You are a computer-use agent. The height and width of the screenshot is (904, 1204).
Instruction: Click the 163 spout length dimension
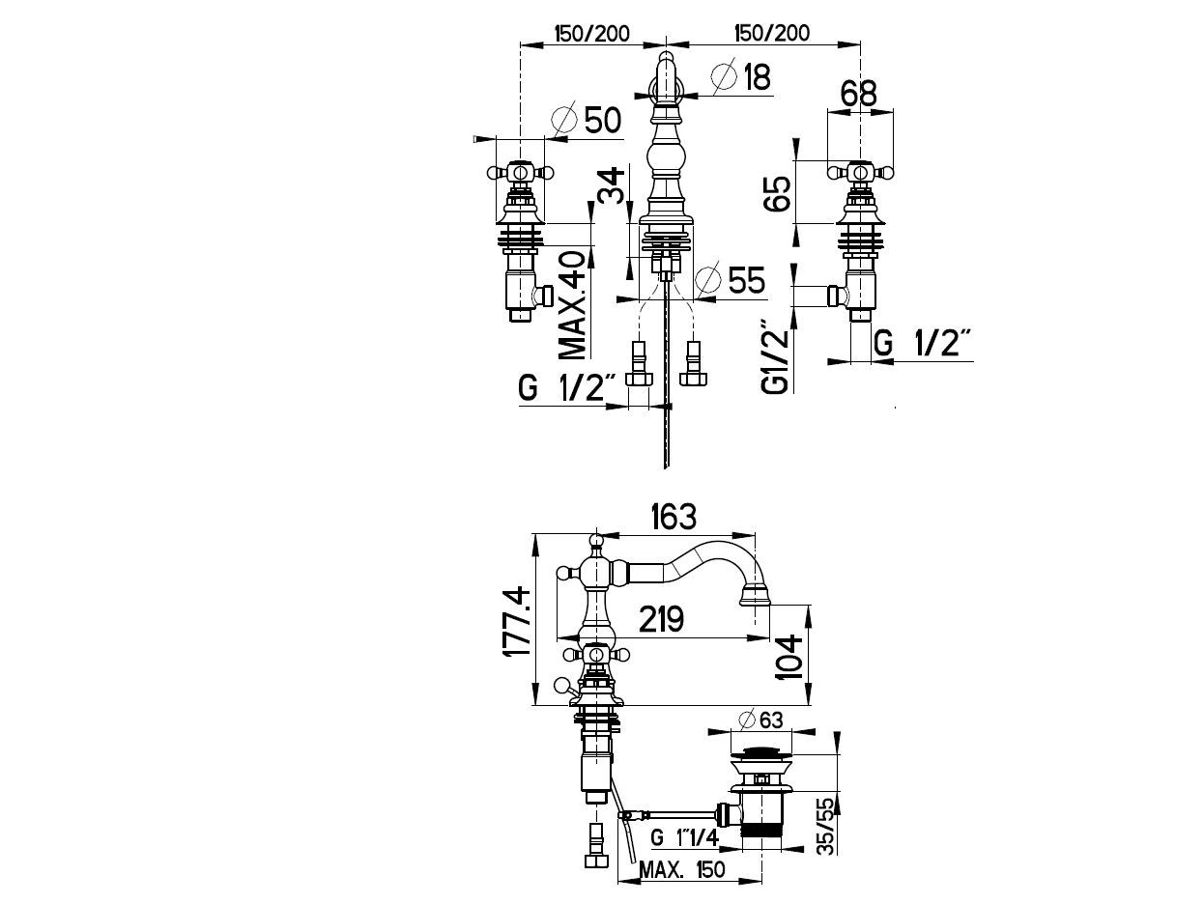click(x=674, y=516)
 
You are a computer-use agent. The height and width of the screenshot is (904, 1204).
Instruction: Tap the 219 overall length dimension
click(x=662, y=619)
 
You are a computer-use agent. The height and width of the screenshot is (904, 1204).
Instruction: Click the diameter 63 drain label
click(x=760, y=720)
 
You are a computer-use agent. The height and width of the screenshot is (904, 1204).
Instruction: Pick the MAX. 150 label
click(x=682, y=869)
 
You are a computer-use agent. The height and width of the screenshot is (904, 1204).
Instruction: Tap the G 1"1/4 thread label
click(x=684, y=837)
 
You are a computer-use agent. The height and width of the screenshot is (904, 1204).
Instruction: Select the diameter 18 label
click(x=741, y=76)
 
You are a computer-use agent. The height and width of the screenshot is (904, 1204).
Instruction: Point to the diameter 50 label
click(x=587, y=119)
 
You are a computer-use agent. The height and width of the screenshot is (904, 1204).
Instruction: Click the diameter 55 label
click(x=730, y=279)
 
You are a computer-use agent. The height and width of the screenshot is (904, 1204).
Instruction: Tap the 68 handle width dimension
click(x=859, y=94)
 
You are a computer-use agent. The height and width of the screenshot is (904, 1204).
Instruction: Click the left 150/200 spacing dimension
click(x=591, y=34)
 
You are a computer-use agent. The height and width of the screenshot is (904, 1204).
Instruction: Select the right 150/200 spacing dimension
click(x=772, y=33)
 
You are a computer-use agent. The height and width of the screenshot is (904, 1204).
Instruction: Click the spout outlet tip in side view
click(x=756, y=605)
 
